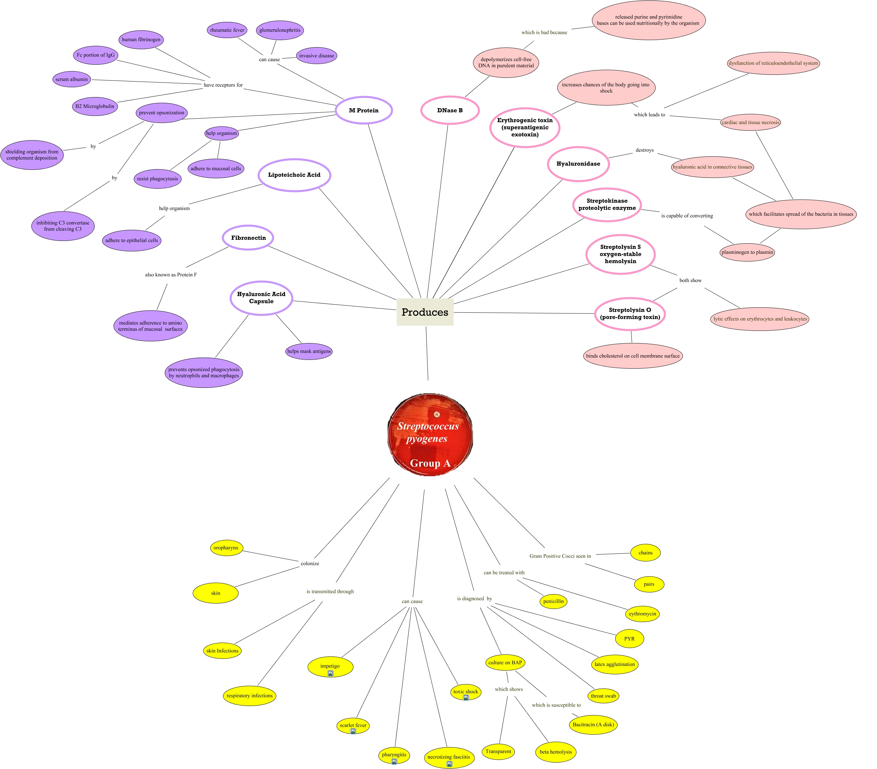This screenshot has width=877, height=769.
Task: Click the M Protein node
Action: click(364, 110)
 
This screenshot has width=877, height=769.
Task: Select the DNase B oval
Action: click(450, 110)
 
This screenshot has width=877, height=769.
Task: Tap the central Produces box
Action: click(425, 312)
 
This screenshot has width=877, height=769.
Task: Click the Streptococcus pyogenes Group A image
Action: click(430, 434)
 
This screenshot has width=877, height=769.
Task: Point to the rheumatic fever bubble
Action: click(227, 30)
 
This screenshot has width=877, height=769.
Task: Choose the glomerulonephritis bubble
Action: click(280, 30)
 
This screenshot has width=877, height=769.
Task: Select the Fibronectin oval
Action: click(248, 238)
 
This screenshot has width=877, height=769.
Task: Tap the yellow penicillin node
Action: click(553, 601)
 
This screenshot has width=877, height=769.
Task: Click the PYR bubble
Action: click(629, 639)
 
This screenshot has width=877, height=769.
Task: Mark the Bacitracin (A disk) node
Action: click(593, 725)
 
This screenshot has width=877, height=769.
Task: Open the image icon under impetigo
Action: click(331, 673)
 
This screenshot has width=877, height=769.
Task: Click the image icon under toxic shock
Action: click(466, 697)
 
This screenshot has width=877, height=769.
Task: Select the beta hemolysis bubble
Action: click(556, 751)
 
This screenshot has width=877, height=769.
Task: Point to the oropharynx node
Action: click(226, 548)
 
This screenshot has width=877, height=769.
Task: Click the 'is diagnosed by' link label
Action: click(474, 598)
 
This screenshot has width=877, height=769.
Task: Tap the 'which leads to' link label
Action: click(649, 115)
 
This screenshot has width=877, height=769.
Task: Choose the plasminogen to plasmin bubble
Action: click(747, 252)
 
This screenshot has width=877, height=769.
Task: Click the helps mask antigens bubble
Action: click(309, 351)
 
